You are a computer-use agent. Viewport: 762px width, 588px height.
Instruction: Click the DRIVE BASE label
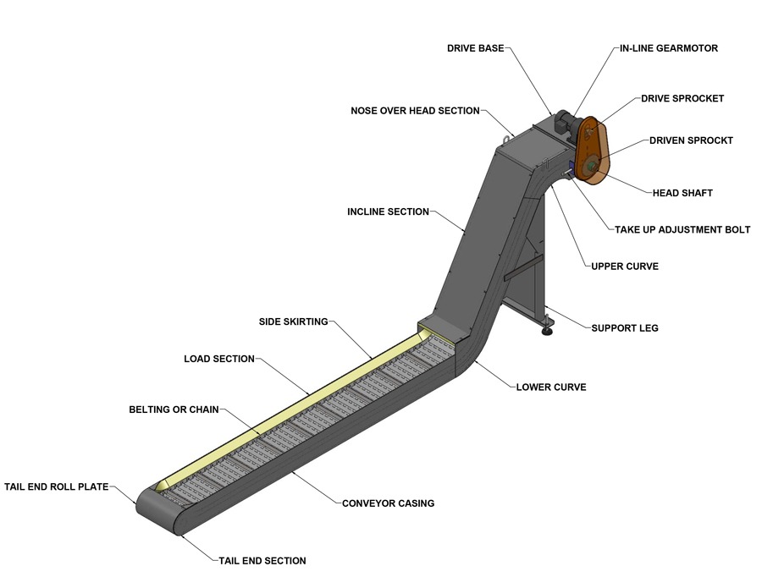[474, 48]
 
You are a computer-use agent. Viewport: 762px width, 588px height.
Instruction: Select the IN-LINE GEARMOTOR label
[668, 48]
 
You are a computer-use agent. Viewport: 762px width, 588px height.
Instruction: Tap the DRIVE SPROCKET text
[682, 98]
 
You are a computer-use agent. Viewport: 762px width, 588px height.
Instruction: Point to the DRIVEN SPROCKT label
[691, 140]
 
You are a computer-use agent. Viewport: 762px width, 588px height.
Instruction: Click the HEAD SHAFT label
[682, 193]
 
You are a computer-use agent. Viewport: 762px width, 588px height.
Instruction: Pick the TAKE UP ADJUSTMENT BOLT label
[682, 229]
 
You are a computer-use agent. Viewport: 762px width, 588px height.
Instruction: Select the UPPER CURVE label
[624, 267]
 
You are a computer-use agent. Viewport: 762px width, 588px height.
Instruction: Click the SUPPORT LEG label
[624, 327]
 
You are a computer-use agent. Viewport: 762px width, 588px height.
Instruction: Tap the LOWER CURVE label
[551, 387]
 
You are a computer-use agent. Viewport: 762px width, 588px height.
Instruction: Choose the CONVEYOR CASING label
[388, 503]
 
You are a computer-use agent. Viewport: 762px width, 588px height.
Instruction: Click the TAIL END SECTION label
[262, 561]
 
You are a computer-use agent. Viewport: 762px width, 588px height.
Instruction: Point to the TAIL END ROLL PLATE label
[57, 487]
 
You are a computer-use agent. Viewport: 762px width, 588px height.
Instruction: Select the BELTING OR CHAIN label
[174, 409]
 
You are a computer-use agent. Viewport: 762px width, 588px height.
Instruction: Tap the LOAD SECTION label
[219, 359]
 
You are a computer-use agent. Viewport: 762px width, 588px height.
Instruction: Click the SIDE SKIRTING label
[293, 321]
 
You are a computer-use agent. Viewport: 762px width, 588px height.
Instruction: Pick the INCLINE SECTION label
[388, 212]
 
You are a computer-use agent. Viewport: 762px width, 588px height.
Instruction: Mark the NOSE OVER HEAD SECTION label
[415, 111]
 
